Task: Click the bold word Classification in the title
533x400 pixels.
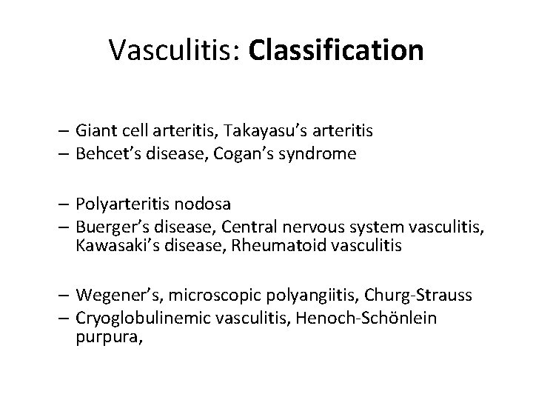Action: (337, 50)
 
